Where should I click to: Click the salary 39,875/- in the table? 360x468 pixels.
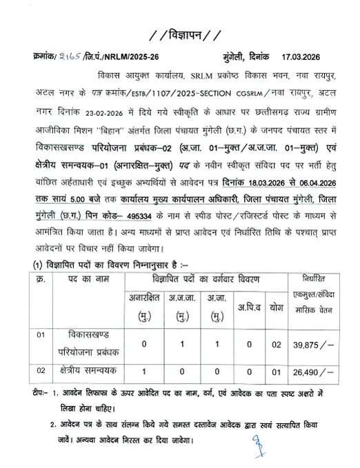click(314, 343)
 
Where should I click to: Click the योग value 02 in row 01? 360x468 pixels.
click(277, 343)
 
